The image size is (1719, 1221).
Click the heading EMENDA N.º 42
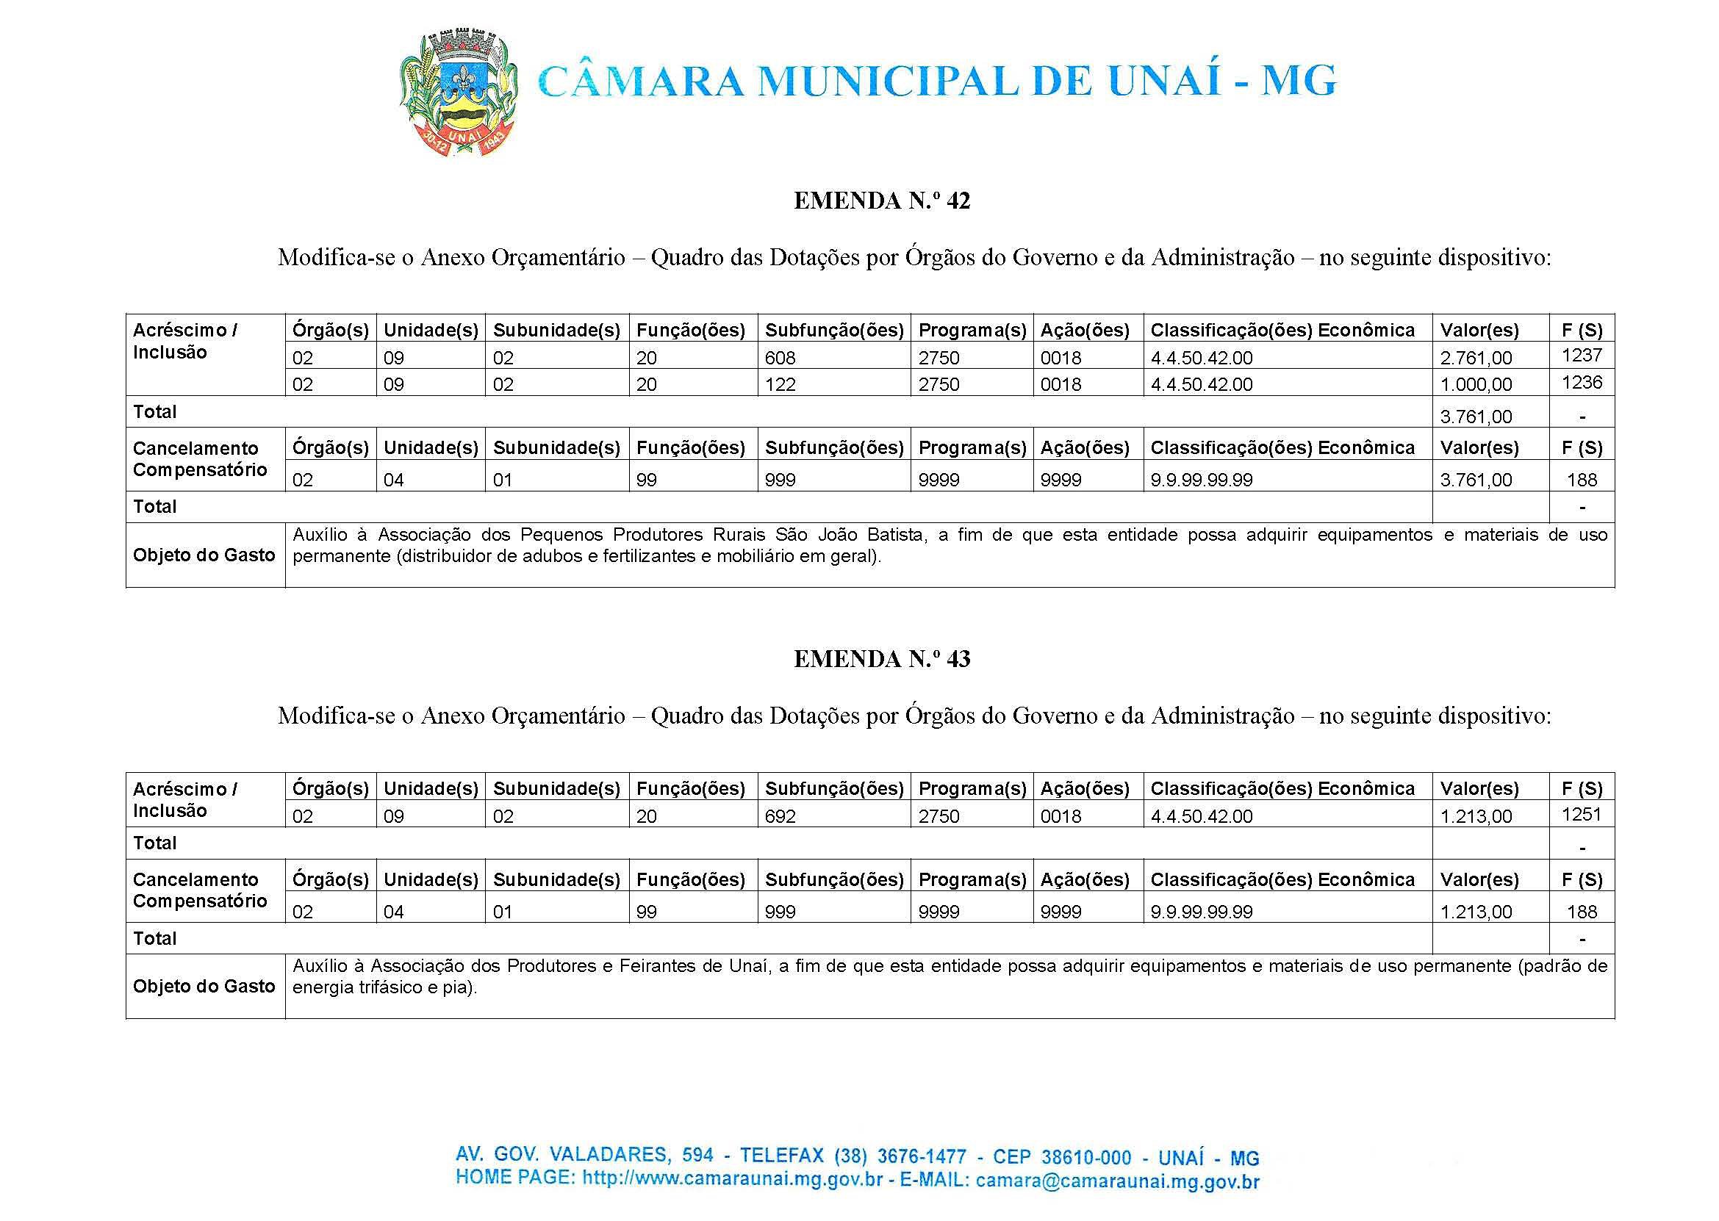[882, 201]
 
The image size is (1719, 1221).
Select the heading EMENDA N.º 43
[882, 660]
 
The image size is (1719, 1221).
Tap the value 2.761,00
[1475, 358]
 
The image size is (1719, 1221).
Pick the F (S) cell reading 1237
[1582, 355]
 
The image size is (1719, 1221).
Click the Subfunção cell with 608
[780, 358]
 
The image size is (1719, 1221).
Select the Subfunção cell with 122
[780, 385]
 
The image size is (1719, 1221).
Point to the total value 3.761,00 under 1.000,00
[1475, 417]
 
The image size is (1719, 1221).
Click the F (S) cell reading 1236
[1582, 383]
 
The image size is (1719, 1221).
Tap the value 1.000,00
[1475, 385]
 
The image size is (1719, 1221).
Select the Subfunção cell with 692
[780, 816]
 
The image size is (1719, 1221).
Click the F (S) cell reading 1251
[1582, 813]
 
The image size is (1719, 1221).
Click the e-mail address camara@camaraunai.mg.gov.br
[1116, 1181]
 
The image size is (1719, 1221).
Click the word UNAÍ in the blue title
[1163, 82]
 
